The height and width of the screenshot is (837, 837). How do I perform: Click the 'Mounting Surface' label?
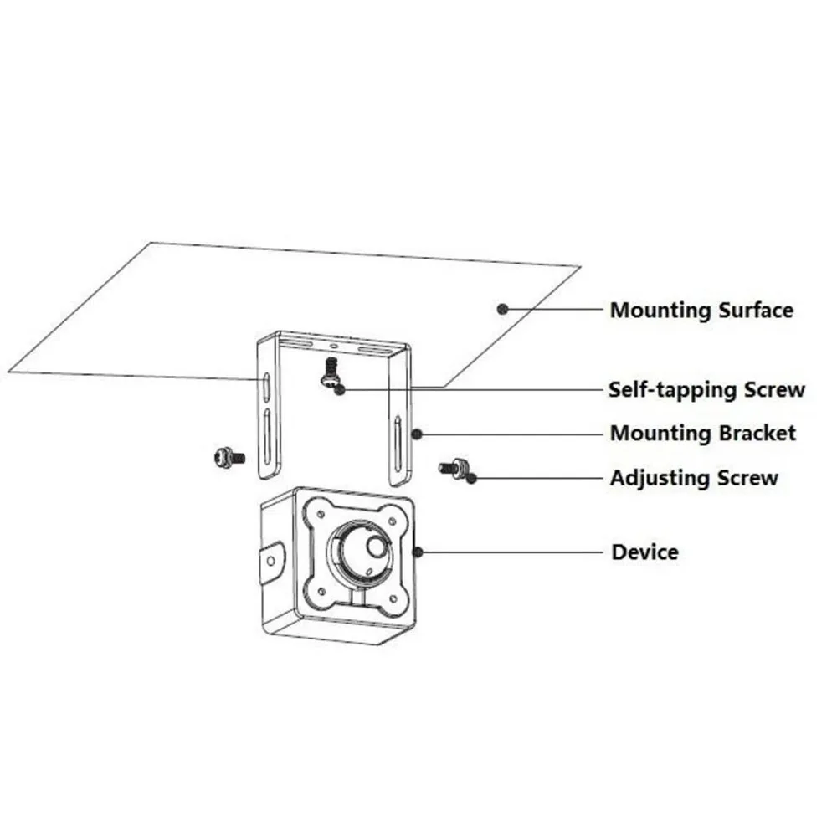coord(701,311)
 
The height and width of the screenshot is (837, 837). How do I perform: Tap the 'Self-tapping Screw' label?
coord(706,390)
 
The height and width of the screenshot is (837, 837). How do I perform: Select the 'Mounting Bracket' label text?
coord(703,433)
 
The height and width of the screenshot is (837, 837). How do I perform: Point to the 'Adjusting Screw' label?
coord(694,478)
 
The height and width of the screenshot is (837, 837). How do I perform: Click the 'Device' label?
coord(644,552)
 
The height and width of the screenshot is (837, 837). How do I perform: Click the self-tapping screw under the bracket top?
coord(331,372)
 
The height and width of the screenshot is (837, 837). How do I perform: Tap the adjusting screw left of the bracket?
coord(229,458)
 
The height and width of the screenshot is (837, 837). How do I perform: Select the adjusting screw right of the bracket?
coord(452,468)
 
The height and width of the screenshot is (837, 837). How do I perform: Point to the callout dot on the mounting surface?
coord(501,309)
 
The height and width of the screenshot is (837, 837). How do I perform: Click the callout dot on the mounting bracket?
coord(417,434)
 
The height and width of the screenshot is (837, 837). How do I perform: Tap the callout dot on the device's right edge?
coord(418,552)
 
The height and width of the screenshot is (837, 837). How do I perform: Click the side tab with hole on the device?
coord(272,561)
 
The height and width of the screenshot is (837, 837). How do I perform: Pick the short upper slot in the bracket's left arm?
coord(266,387)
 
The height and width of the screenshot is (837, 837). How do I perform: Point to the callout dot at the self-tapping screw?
coord(340,390)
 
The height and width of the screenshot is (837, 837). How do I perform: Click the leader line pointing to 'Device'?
coord(512,552)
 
